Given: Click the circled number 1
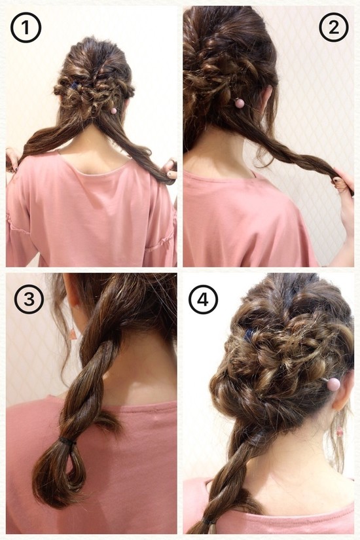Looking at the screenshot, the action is coord(26,27).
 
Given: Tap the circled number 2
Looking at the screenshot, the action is coord(333,27).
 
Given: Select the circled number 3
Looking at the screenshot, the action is coord(29,299).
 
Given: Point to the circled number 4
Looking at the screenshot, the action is coord(204,300).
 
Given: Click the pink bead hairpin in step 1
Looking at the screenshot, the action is coord(113,111).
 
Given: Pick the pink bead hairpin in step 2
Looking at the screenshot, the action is coord(240,103).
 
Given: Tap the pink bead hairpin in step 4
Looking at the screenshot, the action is coord(333,384).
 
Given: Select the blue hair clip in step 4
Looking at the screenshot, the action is coord(249,334).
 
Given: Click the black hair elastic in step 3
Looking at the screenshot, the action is coord(67,442).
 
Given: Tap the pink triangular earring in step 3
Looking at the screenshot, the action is coord(73,334).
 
